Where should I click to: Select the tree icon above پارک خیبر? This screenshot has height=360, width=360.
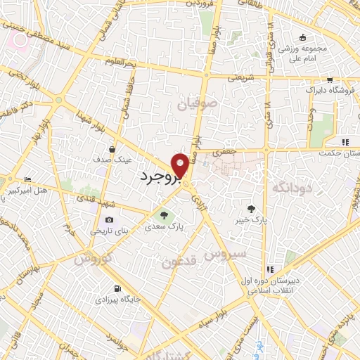pyautogui.click(x=251, y=208)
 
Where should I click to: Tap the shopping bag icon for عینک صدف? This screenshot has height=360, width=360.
pyautogui.click(x=112, y=148)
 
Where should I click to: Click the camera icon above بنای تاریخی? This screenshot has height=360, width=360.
pyautogui.click(x=109, y=219)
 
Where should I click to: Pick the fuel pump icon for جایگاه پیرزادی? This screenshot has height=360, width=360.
pyautogui.click(x=116, y=288)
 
